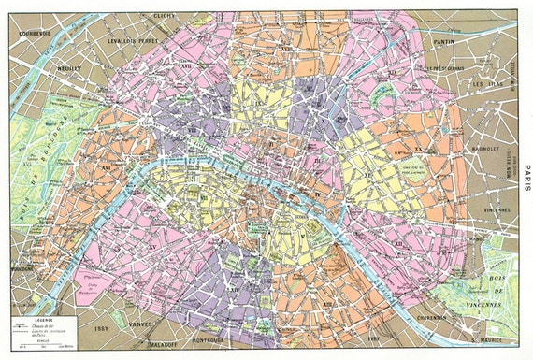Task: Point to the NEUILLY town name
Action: (x=65, y=68)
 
